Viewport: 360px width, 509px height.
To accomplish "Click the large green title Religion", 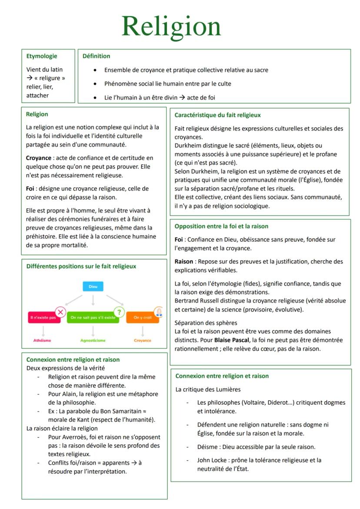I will tap(171, 26).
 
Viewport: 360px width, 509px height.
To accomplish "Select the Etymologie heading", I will tap(42, 56).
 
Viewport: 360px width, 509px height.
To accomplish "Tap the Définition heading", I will tap(96, 56).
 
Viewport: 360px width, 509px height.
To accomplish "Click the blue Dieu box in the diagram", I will tap(93, 287).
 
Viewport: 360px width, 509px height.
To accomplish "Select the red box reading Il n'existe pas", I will tap(43, 318).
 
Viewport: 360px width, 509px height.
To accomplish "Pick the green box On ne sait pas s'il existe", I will tap(93, 318).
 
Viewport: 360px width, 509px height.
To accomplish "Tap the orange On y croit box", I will tap(142, 318).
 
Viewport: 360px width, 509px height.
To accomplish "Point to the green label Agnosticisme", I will tap(93, 340).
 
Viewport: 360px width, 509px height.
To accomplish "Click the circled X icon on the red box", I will tap(60, 312).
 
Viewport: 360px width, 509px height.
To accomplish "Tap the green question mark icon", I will tap(119, 312).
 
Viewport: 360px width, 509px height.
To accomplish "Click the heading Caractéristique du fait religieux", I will tap(217, 115).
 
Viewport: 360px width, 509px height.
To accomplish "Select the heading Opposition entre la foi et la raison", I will tap(221, 226).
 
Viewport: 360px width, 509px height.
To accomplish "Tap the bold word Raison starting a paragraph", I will tap(184, 262).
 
